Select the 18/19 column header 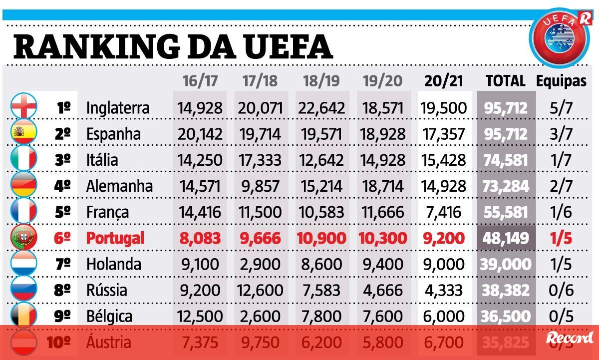[321, 81]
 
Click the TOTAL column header [506, 81]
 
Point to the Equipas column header [561, 81]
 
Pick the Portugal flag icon [24, 237]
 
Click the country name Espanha [113, 134]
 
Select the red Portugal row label [115, 238]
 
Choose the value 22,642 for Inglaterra [321, 108]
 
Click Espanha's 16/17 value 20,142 [199, 134]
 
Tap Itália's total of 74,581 [506, 160]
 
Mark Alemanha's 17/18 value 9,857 [260, 186]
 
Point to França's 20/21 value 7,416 [444, 212]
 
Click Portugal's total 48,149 [506, 238]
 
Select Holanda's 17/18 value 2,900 [260, 264]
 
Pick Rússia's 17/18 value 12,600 [260, 290]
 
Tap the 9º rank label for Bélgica [63, 316]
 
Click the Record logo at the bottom [570, 338]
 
